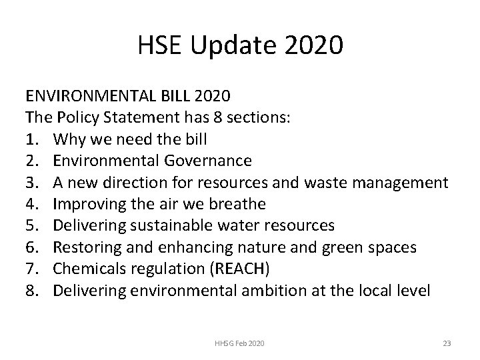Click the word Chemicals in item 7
[87, 269]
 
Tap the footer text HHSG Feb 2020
[240, 343]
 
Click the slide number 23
[447, 343]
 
